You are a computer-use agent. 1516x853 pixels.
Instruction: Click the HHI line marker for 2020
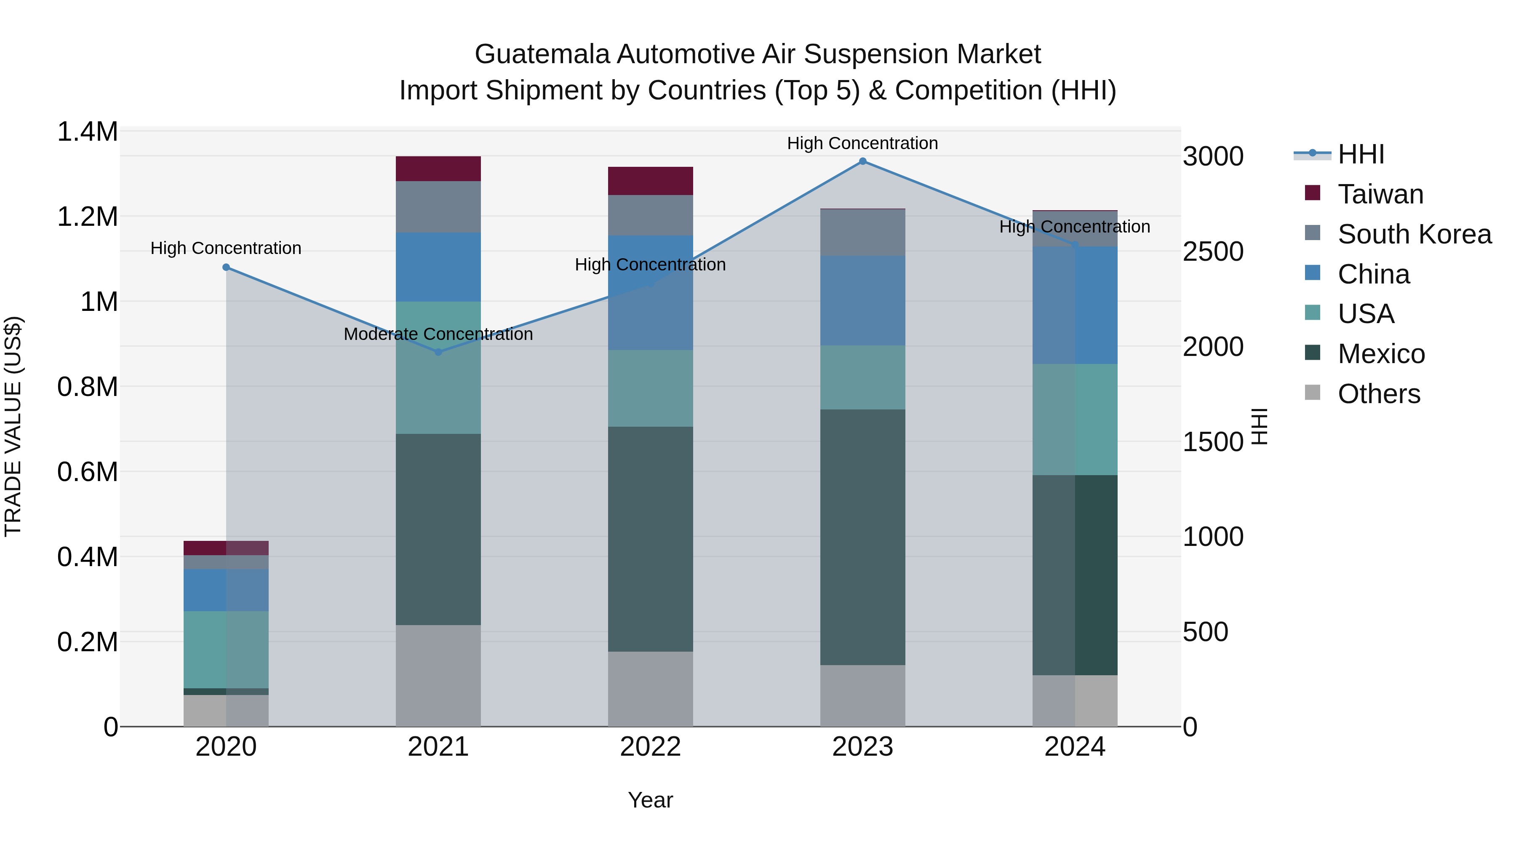tap(226, 267)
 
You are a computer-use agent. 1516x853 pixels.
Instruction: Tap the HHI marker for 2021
tap(438, 352)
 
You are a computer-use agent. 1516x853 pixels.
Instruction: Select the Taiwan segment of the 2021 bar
tap(438, 169)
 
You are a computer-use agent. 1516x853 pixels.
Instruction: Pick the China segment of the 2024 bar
tap(1075, 305)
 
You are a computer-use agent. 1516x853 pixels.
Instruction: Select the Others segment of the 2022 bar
tap(650, 689)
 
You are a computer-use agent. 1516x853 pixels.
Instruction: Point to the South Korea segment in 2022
tap(650, 215)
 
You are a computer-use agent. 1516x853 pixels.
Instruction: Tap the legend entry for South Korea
tap(1414, 234)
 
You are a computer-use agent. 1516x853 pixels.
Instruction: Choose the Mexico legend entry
tap(1381, 354)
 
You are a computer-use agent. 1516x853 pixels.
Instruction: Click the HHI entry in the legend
tap(1361, 154)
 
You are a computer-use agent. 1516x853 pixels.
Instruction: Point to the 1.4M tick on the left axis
tap(87, 132)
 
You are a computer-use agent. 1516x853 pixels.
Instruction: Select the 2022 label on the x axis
tap(650, 747)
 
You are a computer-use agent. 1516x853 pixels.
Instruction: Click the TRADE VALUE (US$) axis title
tap(13, 426)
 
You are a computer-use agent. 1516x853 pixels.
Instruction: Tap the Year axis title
tap(650, 800)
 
